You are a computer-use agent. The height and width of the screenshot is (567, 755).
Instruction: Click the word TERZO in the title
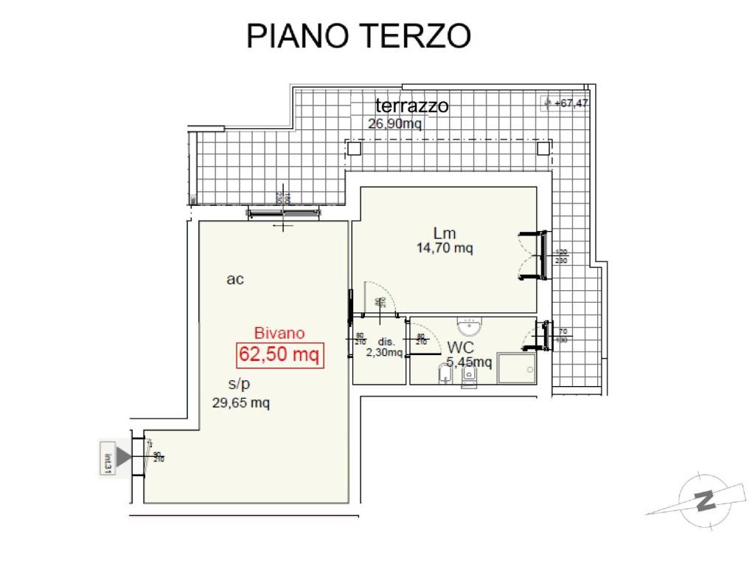tap(417, 35)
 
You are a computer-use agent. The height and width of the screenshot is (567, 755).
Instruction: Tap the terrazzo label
tap(411, 106)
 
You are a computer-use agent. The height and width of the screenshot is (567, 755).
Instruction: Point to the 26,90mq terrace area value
tap(394, 124)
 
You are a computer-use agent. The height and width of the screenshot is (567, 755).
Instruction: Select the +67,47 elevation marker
tap(566, 103)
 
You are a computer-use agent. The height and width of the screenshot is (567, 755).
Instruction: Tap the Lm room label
tap(444, 234)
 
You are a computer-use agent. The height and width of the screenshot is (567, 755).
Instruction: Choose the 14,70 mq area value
tap(445, 249)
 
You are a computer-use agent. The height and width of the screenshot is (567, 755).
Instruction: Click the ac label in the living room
tap(235, 280)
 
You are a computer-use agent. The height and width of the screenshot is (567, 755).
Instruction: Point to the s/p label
tap(239, 384)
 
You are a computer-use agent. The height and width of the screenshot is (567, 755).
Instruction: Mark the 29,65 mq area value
tap(240, 403)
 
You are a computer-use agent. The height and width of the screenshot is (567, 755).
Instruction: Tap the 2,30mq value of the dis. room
tap(384, 353)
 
